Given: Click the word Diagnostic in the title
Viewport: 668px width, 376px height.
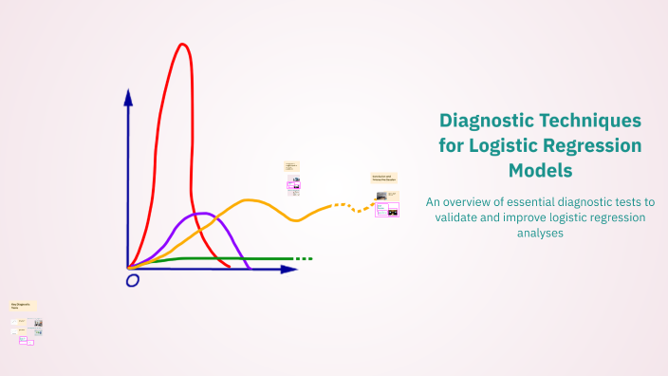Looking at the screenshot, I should coord(486,122).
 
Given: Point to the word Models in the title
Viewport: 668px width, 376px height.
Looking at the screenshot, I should coord(540,171).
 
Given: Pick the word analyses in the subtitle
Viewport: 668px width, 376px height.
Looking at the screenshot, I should coord(540,234).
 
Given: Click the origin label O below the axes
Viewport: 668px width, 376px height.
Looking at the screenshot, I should coord(132,280).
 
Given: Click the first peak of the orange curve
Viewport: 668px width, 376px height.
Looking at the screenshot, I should coord(250,200).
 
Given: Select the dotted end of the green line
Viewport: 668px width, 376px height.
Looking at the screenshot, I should coord(303,258).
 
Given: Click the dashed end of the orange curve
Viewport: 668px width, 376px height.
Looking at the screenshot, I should coord(353,206).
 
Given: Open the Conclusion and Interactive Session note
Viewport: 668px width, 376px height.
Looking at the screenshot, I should coord(383,178).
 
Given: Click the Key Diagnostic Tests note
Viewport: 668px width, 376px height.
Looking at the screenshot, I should coord(21,307).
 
